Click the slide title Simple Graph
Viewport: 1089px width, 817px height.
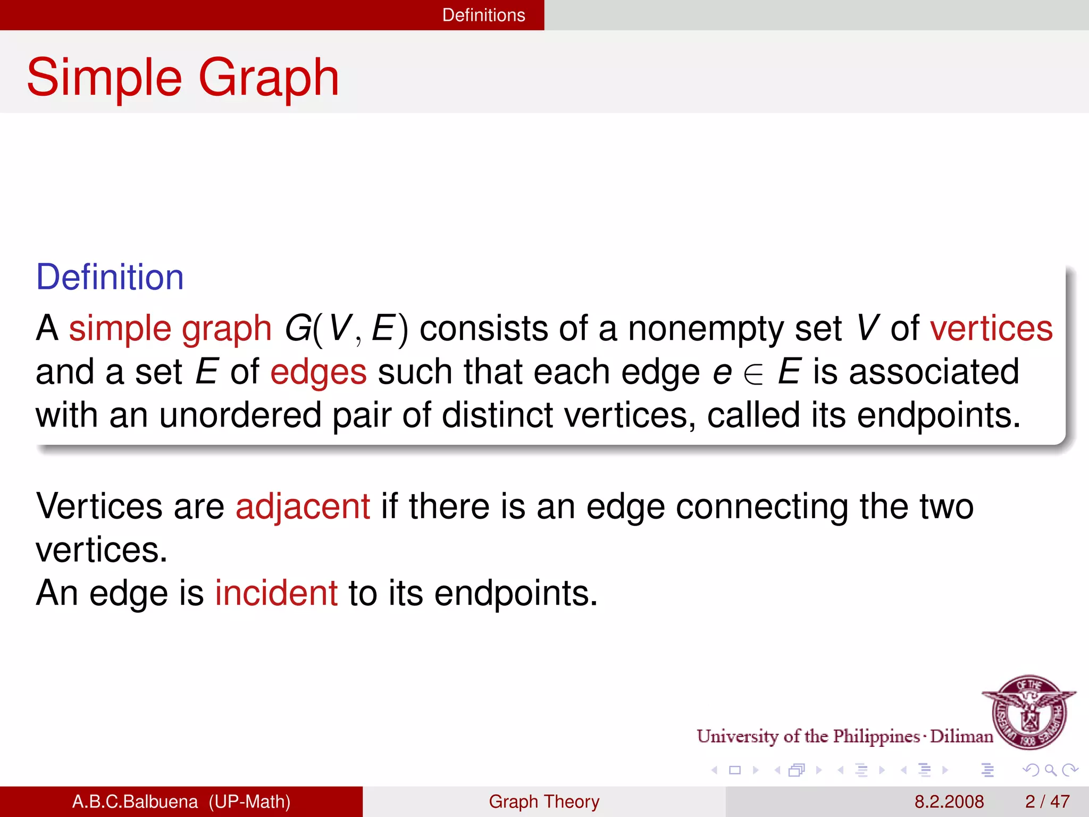point(182,78)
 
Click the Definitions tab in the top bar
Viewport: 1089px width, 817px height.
point(483,15)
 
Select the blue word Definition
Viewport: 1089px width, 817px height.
point(110,277)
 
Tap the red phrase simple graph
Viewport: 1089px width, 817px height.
point(170,328)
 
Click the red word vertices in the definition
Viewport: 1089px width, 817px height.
point(991,328)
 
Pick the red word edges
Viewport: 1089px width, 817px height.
point(318,372)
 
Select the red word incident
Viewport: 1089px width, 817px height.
point(276,593)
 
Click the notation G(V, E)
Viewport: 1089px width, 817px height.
point(346,328)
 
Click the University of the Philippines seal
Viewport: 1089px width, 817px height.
point(1029,712)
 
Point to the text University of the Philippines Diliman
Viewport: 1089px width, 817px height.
point(844,736)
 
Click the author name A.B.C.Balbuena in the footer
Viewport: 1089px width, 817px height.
point(135,802)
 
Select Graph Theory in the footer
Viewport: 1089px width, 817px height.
point(544,802)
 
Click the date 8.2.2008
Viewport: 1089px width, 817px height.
point(949,802)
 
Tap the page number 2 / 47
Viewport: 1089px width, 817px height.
point(1047,802)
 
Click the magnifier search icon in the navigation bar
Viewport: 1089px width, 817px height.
point(1050,770)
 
